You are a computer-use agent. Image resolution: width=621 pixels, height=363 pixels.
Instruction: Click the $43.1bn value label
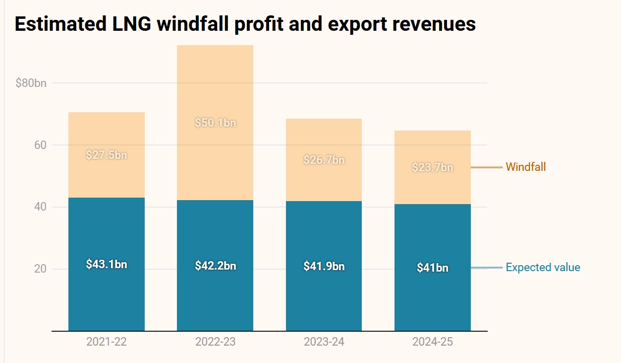pos(107,264)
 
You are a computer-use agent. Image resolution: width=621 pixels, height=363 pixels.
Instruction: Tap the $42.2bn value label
pos(215,266)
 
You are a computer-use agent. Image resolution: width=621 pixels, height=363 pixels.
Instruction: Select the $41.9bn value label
pos(324,266)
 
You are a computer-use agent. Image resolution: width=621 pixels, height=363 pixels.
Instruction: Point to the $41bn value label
pos(432,268)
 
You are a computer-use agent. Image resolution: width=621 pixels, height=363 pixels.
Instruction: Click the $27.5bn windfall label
pos(107,155)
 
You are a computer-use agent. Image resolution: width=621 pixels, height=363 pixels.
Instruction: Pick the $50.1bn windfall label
pos(215,123)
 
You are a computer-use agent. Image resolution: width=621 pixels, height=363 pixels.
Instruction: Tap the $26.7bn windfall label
pos(324,160)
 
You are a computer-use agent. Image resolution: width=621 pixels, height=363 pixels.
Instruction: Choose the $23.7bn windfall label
pos(432,167)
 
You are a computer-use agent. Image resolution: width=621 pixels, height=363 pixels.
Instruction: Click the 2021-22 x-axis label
pos(107,342)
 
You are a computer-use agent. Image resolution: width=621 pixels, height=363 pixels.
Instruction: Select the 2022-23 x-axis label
pos(215,342)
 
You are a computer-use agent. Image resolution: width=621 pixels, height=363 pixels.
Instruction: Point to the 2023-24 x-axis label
pos(324,342)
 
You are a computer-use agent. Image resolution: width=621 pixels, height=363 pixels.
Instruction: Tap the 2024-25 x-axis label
pos(432,342)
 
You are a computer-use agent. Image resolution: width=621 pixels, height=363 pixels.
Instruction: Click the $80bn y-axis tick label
pos(31,83)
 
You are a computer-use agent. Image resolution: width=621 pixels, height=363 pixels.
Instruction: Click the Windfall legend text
pos(525,167)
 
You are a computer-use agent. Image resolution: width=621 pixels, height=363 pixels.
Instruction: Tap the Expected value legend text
pos(543,268)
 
